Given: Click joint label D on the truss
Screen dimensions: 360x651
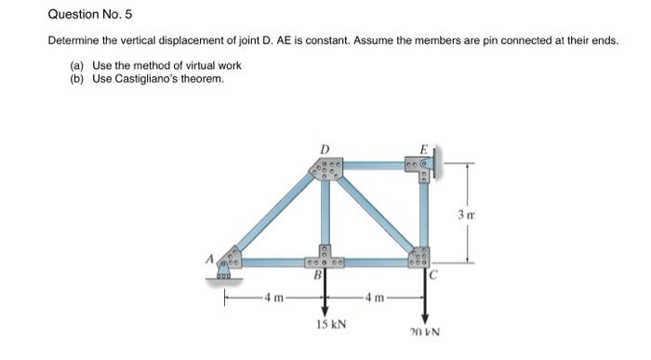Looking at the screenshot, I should [325, 149].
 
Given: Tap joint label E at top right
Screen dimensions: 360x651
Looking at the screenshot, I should [423, 149].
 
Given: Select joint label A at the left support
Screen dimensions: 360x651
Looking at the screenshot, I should [212, 261].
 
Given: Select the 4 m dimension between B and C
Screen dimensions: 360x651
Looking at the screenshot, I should [375, 299].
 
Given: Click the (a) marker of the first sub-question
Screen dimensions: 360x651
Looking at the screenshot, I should [76, 65].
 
